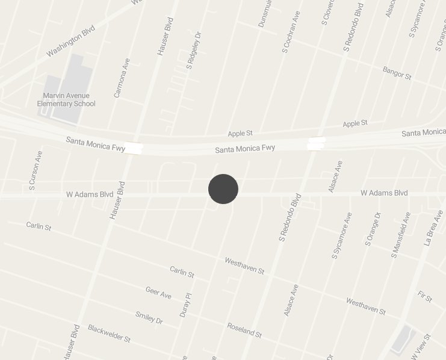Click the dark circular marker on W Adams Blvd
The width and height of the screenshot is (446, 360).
223,189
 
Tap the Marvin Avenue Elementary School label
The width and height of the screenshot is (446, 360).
66,99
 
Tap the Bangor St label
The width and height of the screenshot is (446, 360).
397,73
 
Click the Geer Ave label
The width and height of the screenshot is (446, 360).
158,293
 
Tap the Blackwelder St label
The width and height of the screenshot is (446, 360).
109,333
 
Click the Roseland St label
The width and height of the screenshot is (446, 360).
244,330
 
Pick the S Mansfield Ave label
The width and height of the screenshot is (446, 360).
400,234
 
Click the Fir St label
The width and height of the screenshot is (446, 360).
425,296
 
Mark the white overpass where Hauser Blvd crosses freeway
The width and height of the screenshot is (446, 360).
134,148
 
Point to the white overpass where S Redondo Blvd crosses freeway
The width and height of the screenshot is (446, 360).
316,143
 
